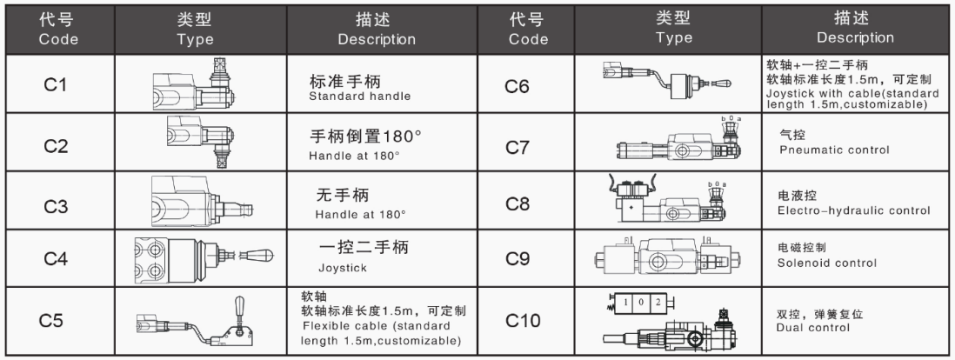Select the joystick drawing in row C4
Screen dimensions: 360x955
click(203, 257)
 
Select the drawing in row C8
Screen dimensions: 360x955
click(667, 199)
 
